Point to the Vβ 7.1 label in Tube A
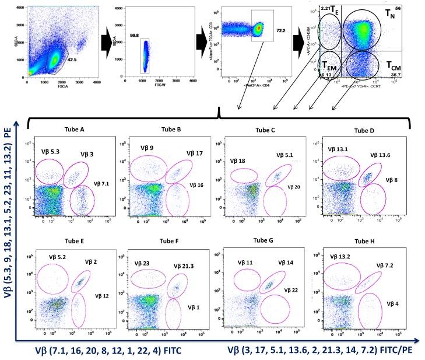(102, 184)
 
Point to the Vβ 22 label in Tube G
(291, 289)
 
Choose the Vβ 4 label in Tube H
(392, 303)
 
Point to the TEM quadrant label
(329, 66)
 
